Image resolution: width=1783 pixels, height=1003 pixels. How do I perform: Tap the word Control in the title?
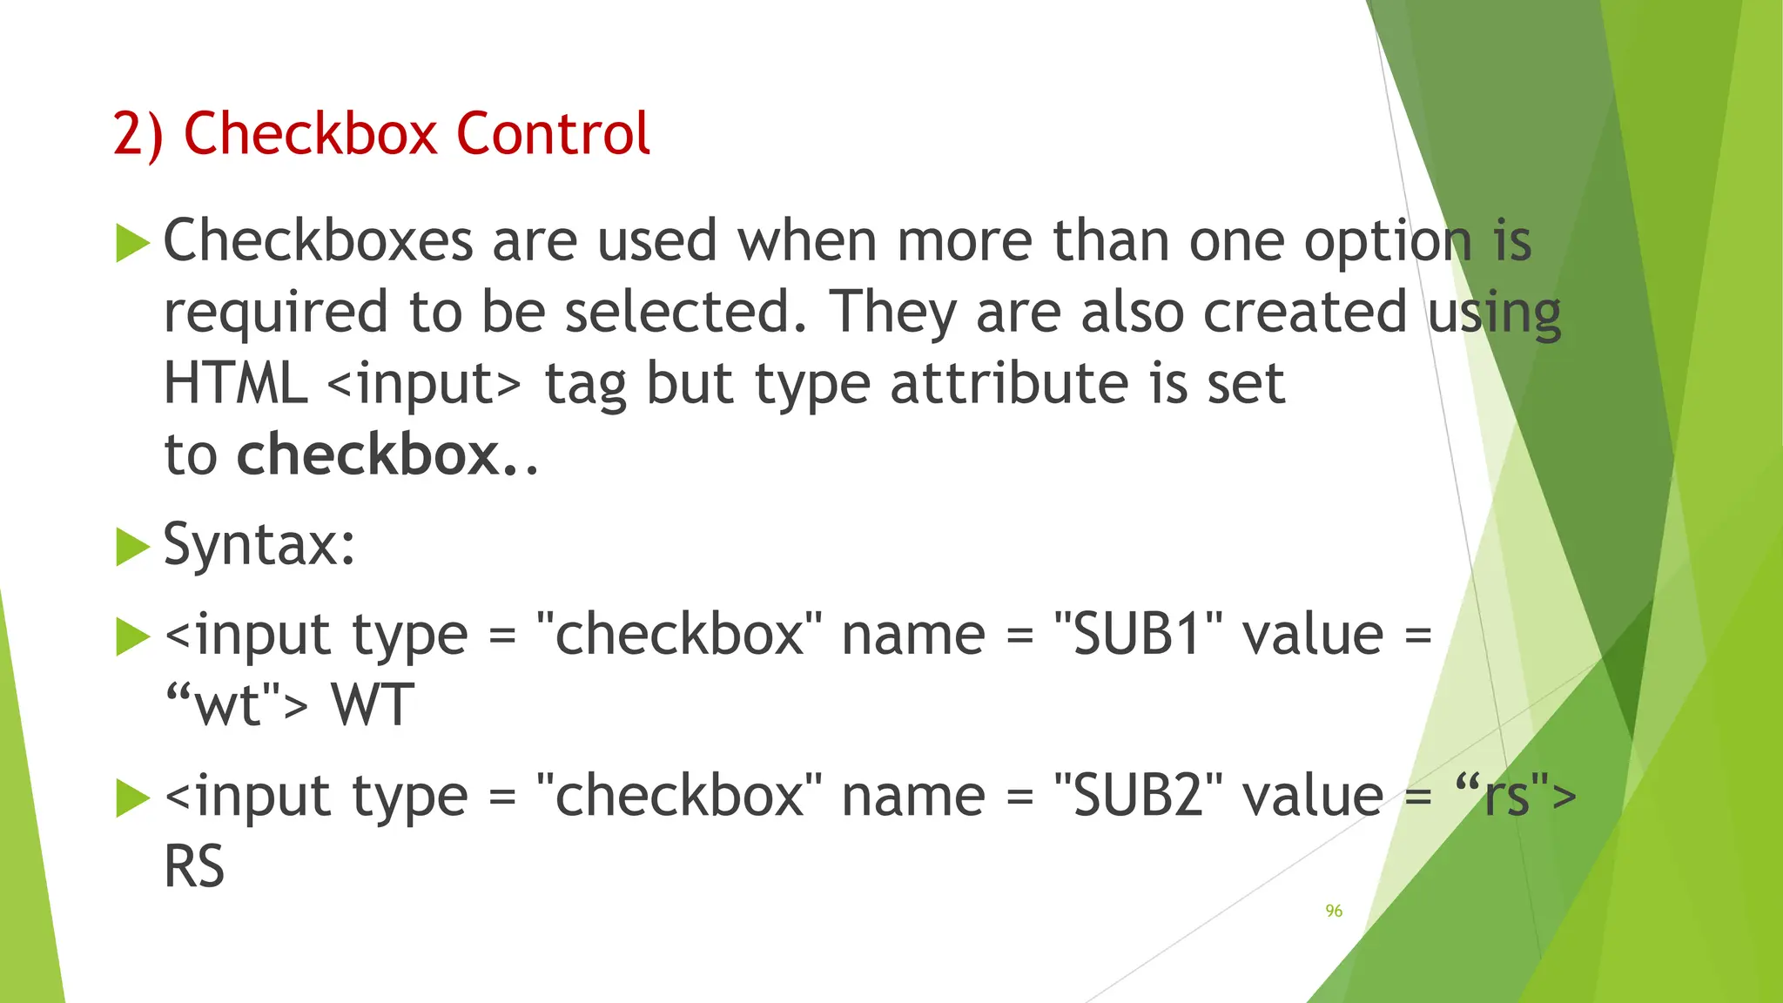pos(553,134)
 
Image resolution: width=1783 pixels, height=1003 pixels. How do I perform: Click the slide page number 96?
pos(1334,911)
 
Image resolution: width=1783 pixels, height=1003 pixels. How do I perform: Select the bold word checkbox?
pos(367,455)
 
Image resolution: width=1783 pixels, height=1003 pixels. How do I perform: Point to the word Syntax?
pos(259,546)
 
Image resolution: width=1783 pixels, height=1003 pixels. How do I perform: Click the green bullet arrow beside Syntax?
pos(132,547)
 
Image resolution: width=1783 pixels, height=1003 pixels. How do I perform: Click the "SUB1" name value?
pos(1138,635)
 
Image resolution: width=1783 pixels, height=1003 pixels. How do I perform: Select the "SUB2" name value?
pos(1138,797)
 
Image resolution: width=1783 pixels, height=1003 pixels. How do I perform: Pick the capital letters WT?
pos(373,706)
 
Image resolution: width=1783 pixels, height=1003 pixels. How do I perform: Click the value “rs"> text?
pos(1516,797)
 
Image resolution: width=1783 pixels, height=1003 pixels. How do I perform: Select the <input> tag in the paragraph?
pos(424,385)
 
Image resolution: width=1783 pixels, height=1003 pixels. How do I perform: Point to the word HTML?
pos(235,385)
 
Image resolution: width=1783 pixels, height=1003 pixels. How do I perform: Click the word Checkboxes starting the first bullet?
pos(318,242)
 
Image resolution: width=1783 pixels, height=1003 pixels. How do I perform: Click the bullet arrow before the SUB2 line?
pos(132,798)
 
